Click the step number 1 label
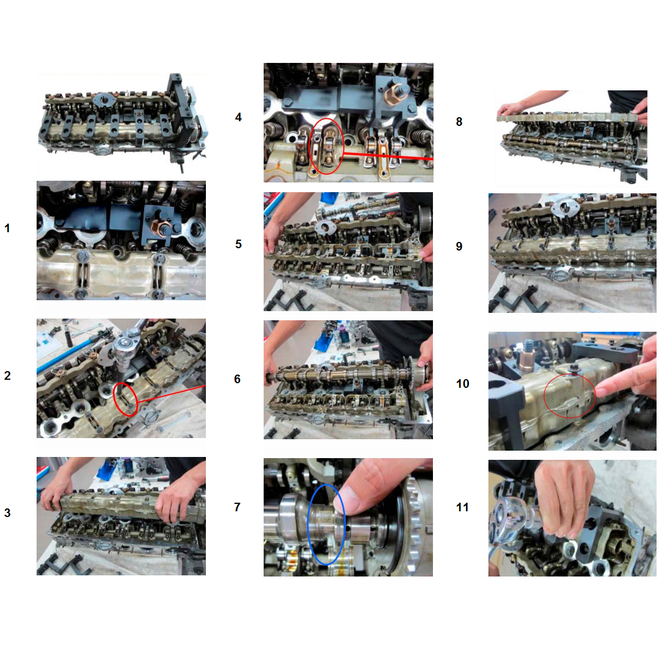point(7,228)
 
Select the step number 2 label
point(7,375)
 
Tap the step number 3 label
point(7,512)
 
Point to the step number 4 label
point(238,117)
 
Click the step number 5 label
point(238,244)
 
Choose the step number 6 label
point(237,379)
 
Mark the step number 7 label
point(237,507)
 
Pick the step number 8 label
point(459,122)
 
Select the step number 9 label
point(459,246)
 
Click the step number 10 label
point(463,383)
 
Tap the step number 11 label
point(462,507)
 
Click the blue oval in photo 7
point(308,524)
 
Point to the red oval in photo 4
point(310,146)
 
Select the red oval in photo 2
point(114,399)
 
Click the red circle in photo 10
point(544,396)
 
